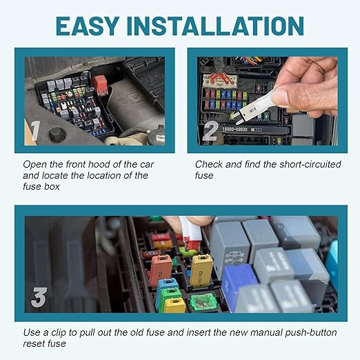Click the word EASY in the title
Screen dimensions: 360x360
88,26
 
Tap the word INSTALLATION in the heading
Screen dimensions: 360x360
215,26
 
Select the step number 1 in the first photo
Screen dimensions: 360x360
36,130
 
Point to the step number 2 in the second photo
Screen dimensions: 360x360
210,131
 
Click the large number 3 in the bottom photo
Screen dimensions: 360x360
39,297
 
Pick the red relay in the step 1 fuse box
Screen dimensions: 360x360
99,85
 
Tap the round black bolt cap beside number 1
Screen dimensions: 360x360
57,134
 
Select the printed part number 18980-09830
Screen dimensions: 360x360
234,130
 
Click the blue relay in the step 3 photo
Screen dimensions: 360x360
237,284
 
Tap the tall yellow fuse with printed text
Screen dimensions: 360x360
201,270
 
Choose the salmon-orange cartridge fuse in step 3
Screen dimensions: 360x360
161,270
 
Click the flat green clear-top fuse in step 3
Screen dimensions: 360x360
203,302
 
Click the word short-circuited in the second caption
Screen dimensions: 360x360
310,164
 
